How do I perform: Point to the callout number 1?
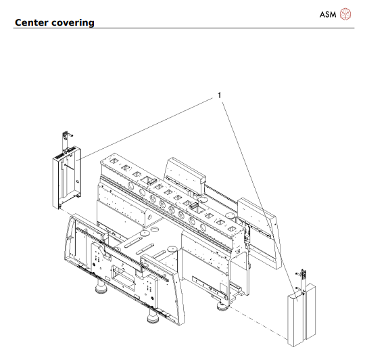tap(219, 95)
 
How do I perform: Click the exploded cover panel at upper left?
tap(67, 179)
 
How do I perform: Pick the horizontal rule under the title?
tap(182, 28)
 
